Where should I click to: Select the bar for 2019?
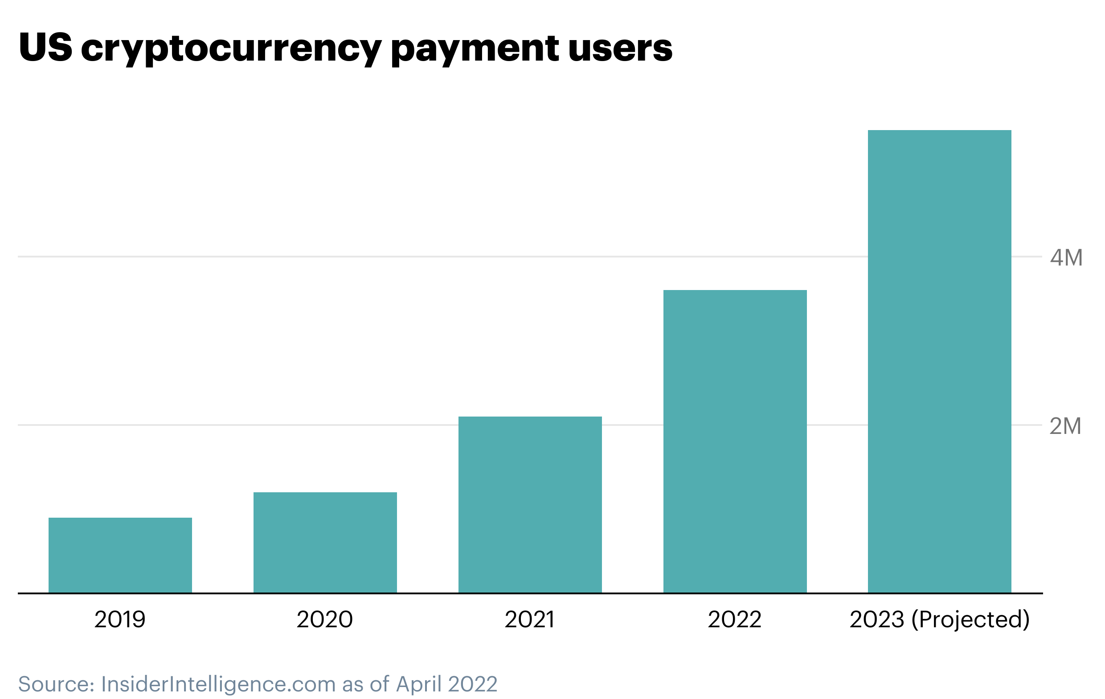(120, 555)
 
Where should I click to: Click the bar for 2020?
(325, 542)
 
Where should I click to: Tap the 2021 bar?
(530, 504)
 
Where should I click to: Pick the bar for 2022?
(735, 441)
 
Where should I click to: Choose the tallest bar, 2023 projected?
(939, 361)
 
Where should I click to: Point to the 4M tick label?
(1066, 258)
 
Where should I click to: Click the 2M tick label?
(1065, 426)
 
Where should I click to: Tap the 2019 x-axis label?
(120, 620)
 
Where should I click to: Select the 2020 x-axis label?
(325, 620)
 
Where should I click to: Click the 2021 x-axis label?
(530, 620)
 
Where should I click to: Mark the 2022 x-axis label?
(735, 620)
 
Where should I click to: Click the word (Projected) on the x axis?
(970, 620)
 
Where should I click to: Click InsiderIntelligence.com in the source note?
(218, 684)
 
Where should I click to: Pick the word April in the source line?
(419, 684)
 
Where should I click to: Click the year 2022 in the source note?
(473, 684)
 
